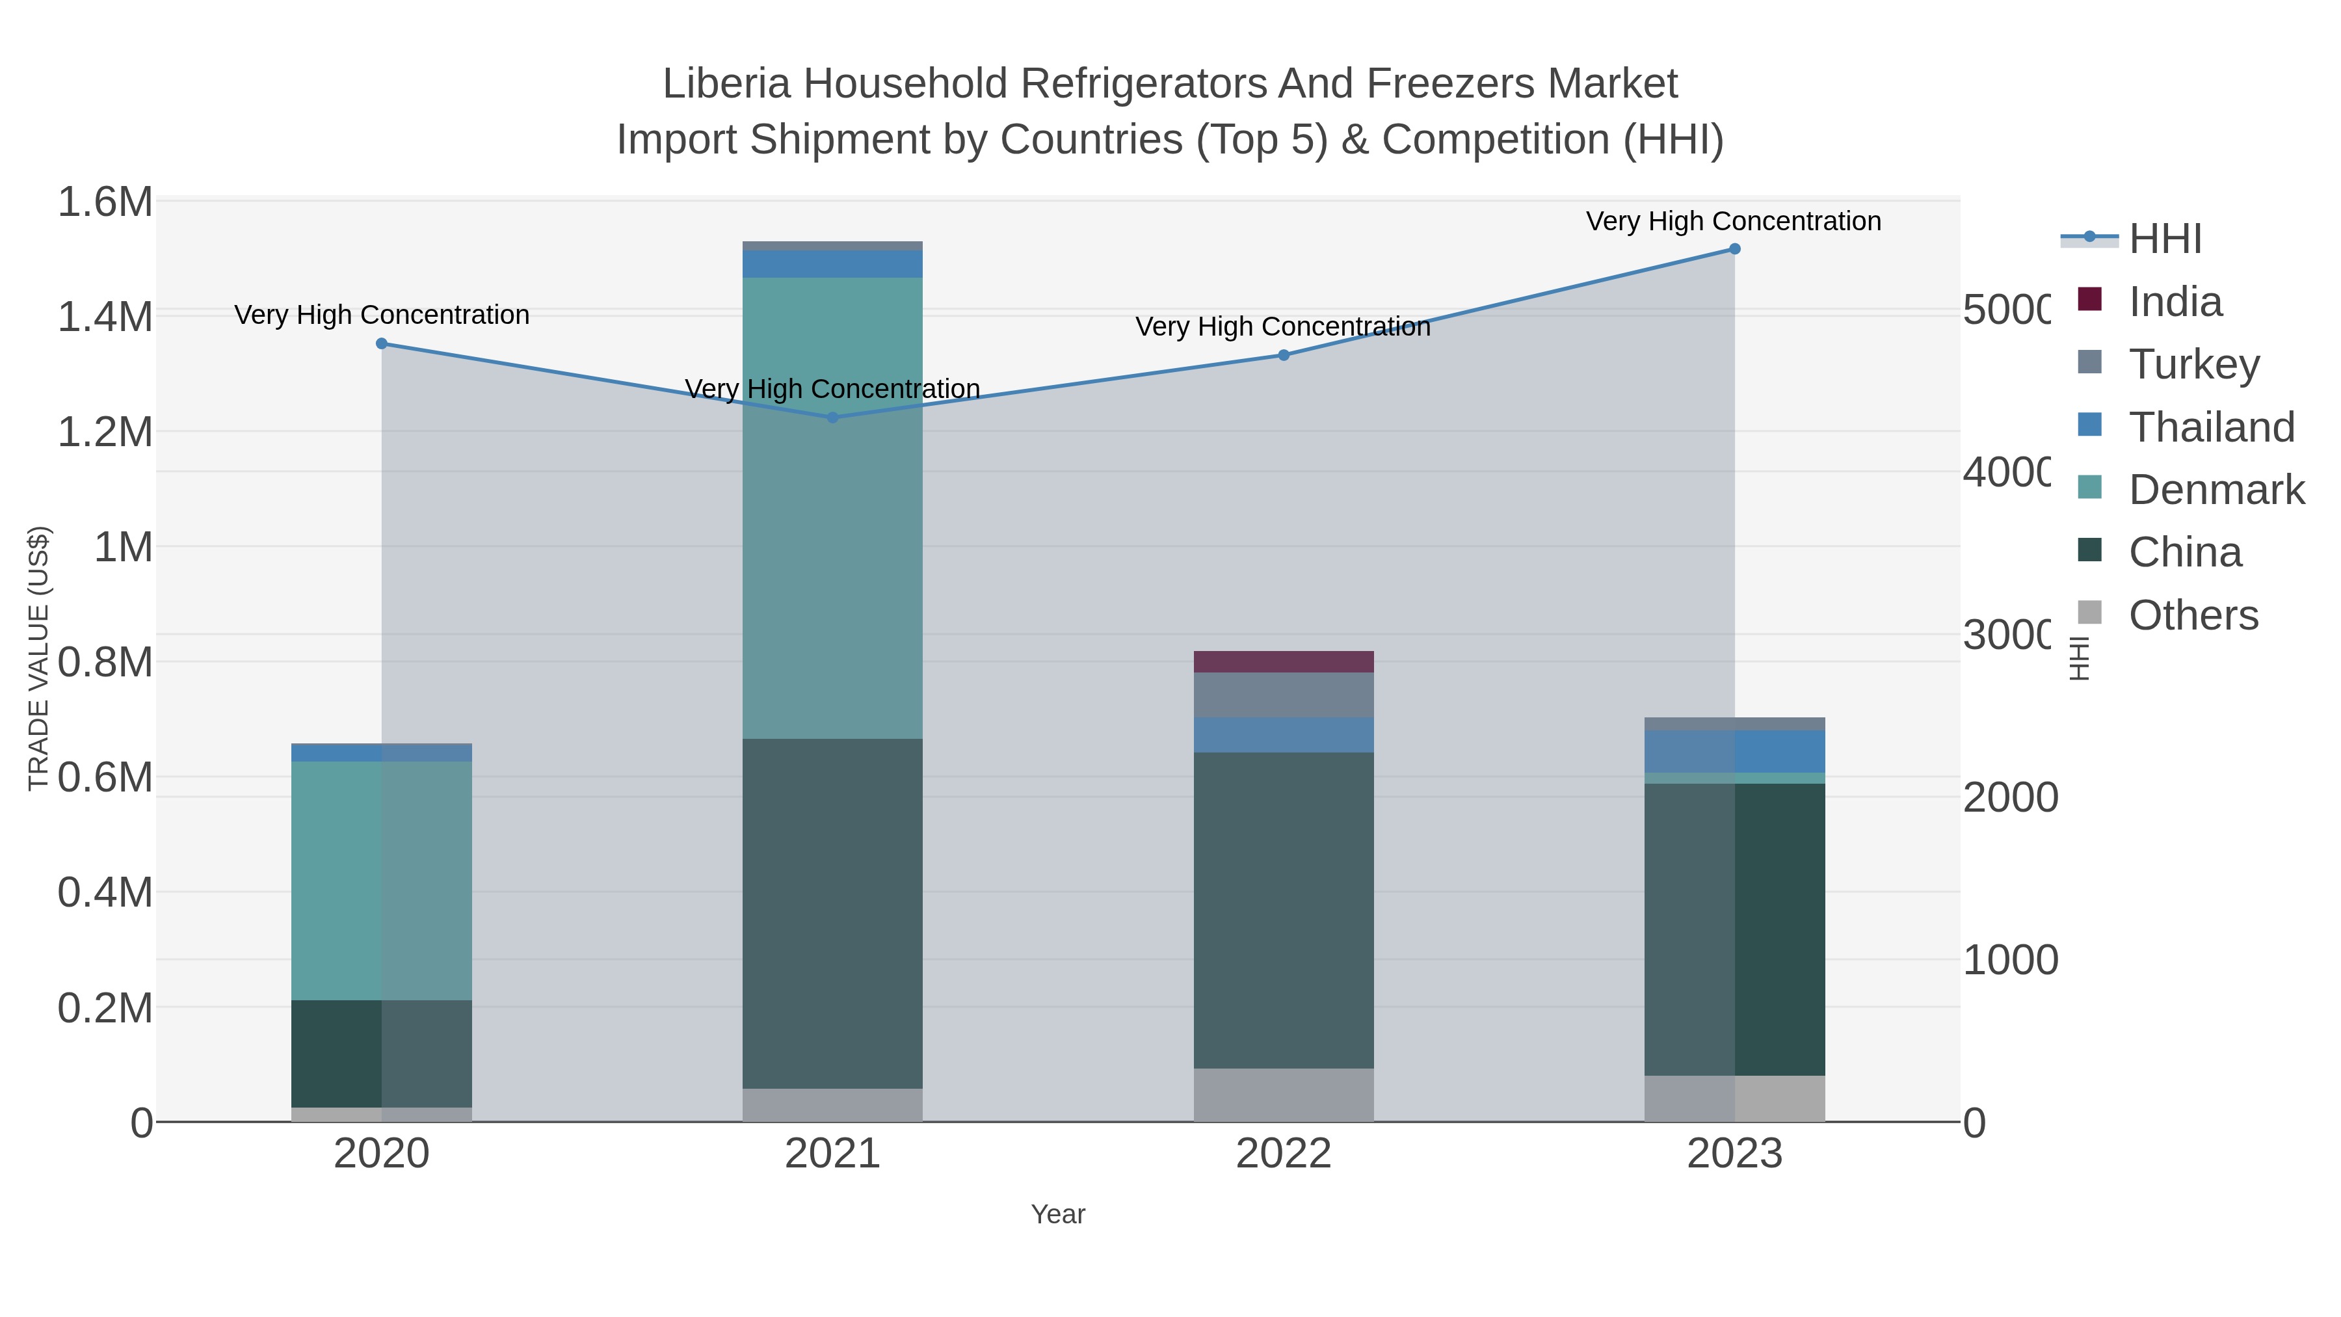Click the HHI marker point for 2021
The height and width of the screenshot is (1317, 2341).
coord(832,417)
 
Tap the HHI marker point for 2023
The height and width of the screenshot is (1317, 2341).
coord(1734,249)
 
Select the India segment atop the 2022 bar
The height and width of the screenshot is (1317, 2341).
coord(1283,661)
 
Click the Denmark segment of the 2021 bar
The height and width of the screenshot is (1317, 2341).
coord(832,509)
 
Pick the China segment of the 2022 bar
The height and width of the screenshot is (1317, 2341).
coord(1283,909)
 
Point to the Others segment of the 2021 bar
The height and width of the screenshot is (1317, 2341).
coord(832,1104)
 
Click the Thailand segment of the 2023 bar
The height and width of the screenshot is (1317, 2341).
coord(1734,751)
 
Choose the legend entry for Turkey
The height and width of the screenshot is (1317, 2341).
coord(2193,364)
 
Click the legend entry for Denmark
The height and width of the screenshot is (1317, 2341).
coord(2215,490)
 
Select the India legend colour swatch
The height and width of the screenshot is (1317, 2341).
coord(2090,299)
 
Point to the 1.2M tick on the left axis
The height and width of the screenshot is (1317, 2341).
coord(105,432)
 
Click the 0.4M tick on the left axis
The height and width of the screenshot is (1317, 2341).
coord(105,892)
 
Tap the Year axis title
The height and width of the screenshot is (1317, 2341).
coord(1058,1214)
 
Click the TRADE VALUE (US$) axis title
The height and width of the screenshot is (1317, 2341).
coord(38,658)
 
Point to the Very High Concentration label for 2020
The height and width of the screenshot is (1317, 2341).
coord(382,315)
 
